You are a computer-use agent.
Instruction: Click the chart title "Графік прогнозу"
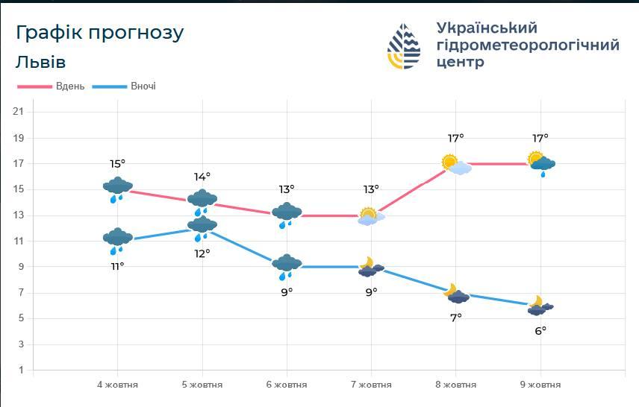99,34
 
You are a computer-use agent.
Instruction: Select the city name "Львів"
40,62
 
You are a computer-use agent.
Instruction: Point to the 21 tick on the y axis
19,112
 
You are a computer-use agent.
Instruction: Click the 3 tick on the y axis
19,344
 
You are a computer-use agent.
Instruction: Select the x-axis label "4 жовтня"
117,385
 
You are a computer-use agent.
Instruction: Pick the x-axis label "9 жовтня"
540,385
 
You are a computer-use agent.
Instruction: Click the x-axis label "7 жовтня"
371,385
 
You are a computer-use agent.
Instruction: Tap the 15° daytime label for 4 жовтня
117,164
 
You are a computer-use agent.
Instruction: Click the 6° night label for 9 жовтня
540,330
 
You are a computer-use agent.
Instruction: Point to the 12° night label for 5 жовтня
202,253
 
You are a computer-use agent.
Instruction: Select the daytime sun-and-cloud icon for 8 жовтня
455,164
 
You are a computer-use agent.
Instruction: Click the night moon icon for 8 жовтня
455,294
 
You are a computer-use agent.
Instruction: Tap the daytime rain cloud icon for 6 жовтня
287,215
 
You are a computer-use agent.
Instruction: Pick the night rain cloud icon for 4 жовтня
117,240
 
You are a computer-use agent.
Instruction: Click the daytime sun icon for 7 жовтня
370,216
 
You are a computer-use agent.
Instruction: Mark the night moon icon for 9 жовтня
540,306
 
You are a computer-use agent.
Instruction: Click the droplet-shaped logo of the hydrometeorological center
404,46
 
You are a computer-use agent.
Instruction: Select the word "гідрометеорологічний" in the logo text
527,45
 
